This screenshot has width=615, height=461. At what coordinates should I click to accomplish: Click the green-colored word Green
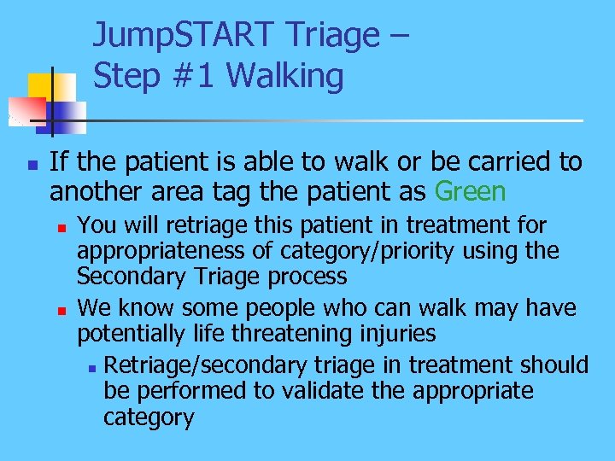point(470,190)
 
